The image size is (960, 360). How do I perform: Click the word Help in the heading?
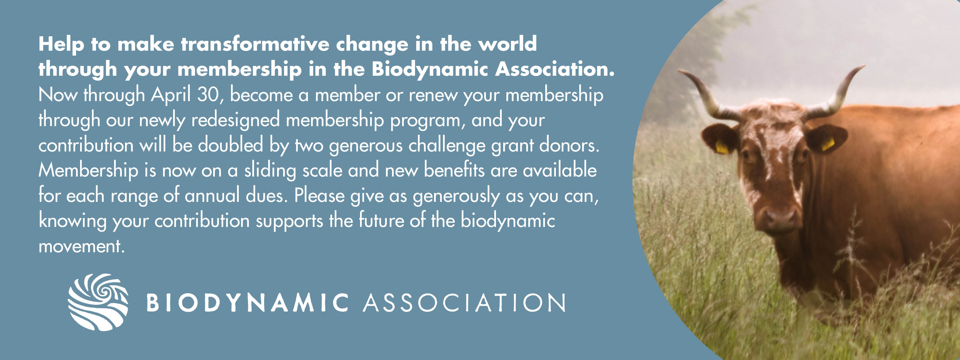point(61,45)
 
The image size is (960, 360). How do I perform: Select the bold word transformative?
point(255,44)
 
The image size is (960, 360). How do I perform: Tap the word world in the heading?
point(507,44)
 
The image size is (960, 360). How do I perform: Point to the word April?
point(171,95)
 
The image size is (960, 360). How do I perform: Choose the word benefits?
point(454,170)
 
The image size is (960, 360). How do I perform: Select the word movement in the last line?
point(81,246)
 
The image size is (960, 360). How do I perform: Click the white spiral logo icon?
point(98,302)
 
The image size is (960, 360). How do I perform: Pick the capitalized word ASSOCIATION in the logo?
point(464,303)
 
